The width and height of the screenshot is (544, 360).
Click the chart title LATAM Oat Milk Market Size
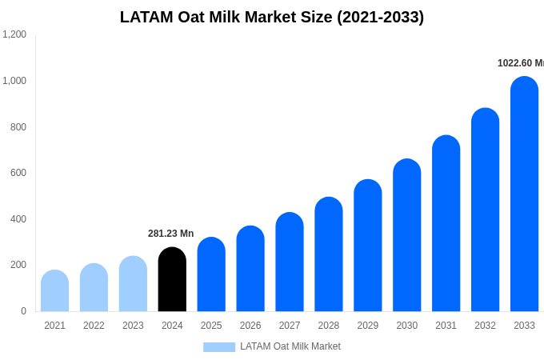click(272, 17)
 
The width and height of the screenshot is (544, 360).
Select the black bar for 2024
click(172, 279)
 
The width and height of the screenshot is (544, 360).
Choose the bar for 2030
click(406, 235)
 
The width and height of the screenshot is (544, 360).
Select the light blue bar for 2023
click(133, 284)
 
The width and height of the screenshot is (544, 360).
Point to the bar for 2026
click(250, 269)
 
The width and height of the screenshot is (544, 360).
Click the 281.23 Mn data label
click(170, 234)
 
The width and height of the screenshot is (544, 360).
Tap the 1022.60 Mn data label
click(520, 63)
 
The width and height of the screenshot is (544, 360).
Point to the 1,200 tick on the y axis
click(14, 34)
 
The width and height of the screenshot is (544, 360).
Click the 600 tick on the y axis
click(18, 173)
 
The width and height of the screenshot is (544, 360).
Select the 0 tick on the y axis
click(23, 311)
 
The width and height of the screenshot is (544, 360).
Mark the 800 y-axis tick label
click(18, 126)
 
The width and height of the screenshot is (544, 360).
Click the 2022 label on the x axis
click(94, 326)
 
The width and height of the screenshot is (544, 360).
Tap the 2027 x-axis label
click(290, 326)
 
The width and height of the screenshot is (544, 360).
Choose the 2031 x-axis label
click(446, 326)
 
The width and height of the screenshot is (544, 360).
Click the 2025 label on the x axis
click(211, 326)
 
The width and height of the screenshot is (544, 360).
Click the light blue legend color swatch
click(219, 347)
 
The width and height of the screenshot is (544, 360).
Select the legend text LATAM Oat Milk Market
click(290, 346)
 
